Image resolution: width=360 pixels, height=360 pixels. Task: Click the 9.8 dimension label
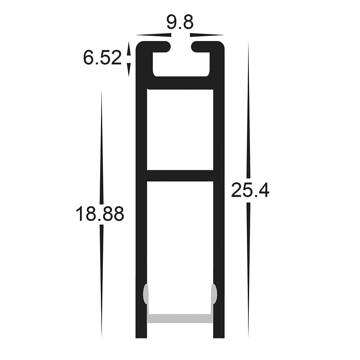coord(180,23)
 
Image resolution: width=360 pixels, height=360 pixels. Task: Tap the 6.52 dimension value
coord(103,58)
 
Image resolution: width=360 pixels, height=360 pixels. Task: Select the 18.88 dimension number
coord(100,214)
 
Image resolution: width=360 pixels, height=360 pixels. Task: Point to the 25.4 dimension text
coord(250,190)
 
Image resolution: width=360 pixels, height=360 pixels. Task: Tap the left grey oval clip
coord(146,293)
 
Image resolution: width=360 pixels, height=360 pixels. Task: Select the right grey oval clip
coord(214,293)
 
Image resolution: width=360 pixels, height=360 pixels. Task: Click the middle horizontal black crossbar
coord(180,175)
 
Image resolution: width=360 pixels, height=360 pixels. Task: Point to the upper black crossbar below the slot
coord(180,83)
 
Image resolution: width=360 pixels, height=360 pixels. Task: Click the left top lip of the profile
coord(155,46)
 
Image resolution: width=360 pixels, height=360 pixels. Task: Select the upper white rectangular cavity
coord(180,130)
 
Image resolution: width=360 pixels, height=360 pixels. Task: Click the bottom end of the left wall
coord(141,335)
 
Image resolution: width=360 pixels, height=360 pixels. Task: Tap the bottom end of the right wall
coord(219,335)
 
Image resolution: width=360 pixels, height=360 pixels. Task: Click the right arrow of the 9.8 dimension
coord(207,35)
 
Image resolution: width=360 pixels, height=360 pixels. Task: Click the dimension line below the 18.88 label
coord(102,281)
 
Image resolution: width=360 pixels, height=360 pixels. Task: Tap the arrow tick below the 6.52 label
coord(129,70)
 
